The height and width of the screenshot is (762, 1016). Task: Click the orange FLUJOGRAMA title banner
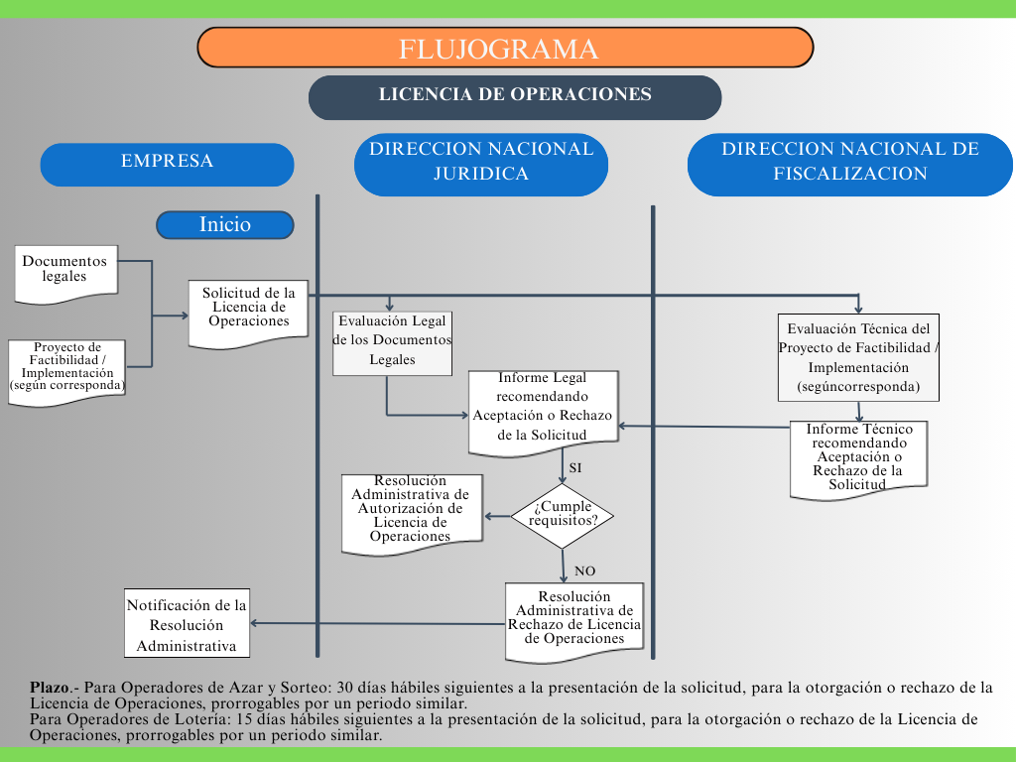505,48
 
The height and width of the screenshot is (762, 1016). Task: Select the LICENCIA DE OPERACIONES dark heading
515,96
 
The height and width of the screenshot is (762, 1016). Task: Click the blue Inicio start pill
225,225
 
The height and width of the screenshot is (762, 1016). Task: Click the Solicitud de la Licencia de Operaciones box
248,311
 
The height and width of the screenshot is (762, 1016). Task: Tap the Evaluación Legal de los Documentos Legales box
392,342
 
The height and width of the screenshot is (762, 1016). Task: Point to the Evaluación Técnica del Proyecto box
858,357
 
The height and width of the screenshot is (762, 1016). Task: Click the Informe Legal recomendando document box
543,411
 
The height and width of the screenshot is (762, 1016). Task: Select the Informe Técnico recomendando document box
858,456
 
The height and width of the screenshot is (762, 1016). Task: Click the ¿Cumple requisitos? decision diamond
563,515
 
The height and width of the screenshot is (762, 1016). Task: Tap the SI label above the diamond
574,467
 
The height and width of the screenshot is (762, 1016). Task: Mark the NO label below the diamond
585,571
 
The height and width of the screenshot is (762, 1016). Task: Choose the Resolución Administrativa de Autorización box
411,511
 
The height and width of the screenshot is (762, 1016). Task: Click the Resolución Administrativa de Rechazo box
574,619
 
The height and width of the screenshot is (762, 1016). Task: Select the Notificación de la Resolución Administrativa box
187,625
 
